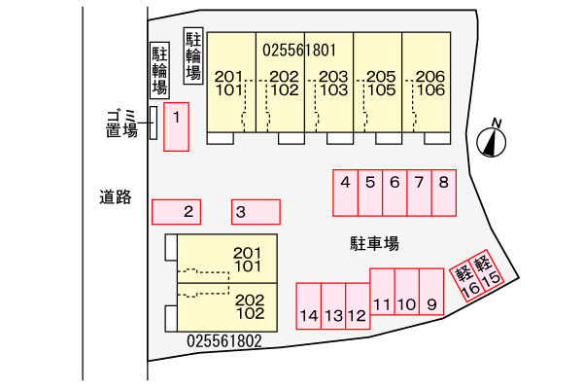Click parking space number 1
coord(176,126)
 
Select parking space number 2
coord(177,211)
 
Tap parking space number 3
coord(256,211)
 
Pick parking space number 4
coord(345,193)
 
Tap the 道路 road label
coord(115,196)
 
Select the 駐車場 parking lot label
coord(375,243)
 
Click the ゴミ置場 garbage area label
coord(121,124)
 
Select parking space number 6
coord(394,193)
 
